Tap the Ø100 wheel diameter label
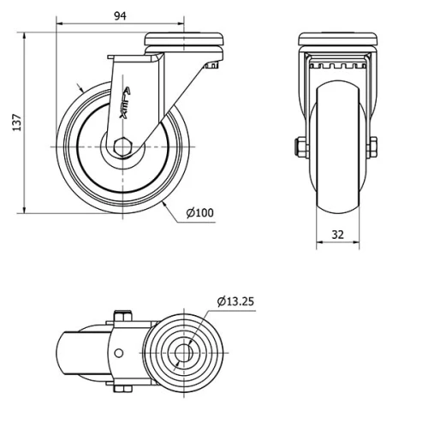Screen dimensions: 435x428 [199, 212]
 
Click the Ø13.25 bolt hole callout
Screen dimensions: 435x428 [236, 301]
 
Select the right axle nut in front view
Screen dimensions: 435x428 [373, 147]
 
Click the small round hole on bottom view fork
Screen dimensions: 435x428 [120, 352]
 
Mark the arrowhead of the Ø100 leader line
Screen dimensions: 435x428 [162, 205]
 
